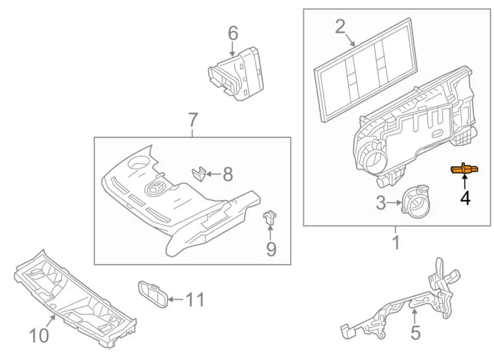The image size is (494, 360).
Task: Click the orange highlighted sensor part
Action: pyautogui.click(x=464, y=170)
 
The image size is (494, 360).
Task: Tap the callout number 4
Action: pyautogui.click(x=466, y=197)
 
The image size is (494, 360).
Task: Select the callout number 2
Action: pyautogui.click(x=341, y=27)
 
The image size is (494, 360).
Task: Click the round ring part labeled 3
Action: pyautogui.click(x=415, y=201)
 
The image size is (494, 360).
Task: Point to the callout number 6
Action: pyautogui.click(x=233, y=34)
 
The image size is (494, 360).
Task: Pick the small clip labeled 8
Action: pyautogui.click(x=199, y=174)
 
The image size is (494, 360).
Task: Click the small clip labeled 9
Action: pyautogui.click(x=269, y=218)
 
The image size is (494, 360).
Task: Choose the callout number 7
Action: pyautogui.click(x=193, y=120)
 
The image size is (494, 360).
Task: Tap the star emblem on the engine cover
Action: pyautogui.click(x=157, y=189)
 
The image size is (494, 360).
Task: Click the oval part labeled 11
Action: pyautogui.click(x=153, y=294)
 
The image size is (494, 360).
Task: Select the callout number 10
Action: pyautogui.click(x=39, y=335)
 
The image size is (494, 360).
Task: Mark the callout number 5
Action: pyautogui.click(x=416, y=332)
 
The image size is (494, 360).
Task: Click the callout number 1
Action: pyautogui.click(x=396, y=243)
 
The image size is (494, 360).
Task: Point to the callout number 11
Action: pyautogui.click(x=195, y=300)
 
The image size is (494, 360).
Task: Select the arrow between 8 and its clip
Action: pyautogui.click(x=214, y=174)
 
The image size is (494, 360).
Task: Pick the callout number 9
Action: pyautogui.click(x=271, y=249)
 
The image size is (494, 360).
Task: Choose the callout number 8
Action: pyautogui.click(x=228, y=174)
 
